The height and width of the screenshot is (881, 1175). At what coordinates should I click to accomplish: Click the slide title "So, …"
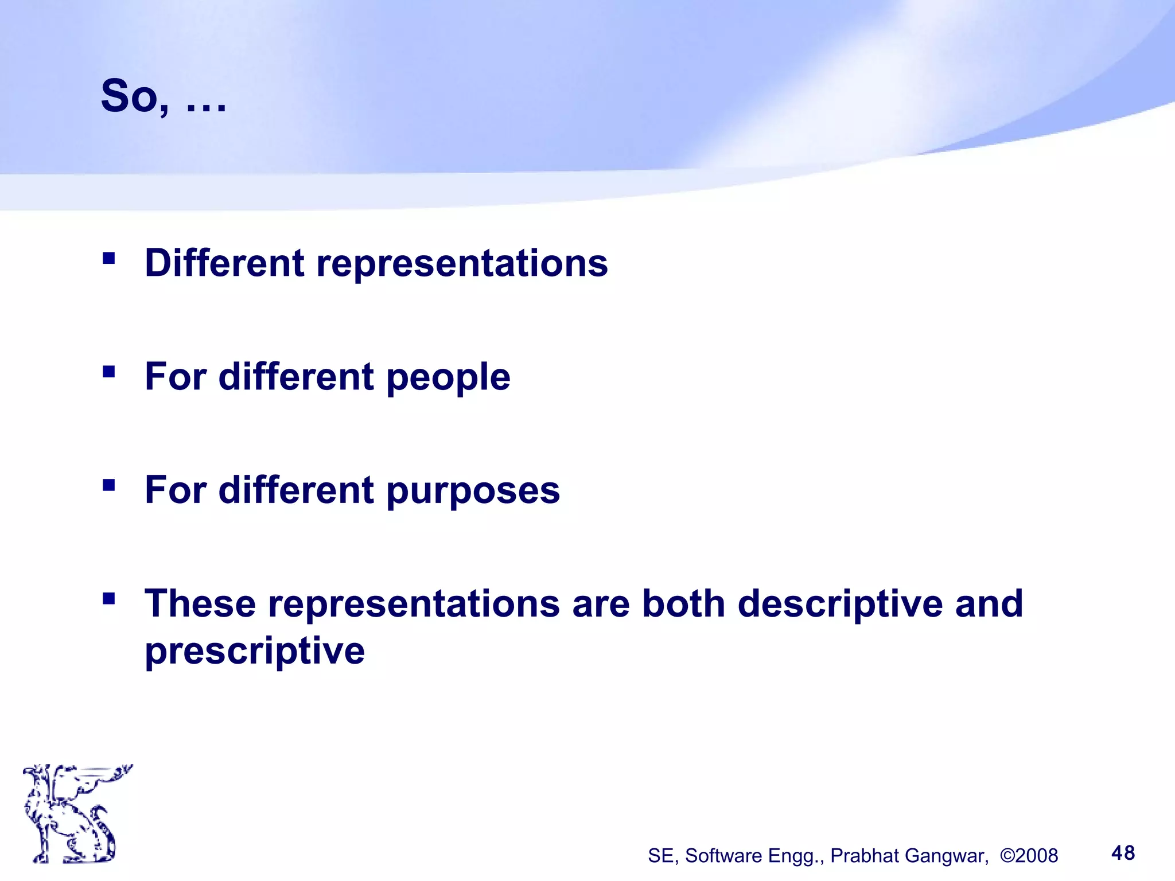[164, 96]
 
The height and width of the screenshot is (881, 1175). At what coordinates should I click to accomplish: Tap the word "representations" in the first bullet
[462, 264]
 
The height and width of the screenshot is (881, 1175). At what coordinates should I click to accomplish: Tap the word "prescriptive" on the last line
[255, 652]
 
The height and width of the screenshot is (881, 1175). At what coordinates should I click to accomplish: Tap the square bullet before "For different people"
[108, 372]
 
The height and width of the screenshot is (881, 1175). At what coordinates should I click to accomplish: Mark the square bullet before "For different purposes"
[108, 486]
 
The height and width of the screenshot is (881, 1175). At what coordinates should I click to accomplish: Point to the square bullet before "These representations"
[108, 599]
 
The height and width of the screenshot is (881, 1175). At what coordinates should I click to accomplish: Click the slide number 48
[1123, 853]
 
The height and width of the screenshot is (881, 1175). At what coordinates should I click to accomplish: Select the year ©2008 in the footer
[1029, 856]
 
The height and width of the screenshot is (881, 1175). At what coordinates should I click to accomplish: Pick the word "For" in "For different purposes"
[175, 491]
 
